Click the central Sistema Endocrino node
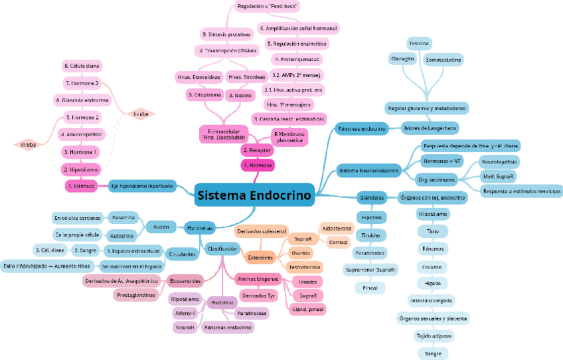point(254,195)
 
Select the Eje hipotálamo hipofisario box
point(142,186)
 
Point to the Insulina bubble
point(419,43)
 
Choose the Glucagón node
point(402,58)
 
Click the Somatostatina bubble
point(443,60)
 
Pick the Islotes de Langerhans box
point(430,127)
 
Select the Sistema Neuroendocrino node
point(368,171)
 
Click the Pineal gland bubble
point(370,288)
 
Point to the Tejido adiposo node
point(434,336)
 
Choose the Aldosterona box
point(337,228)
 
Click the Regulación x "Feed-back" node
point(267,6)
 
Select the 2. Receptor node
point(256,151)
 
